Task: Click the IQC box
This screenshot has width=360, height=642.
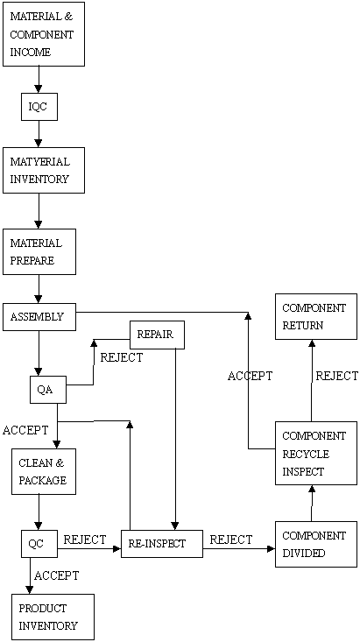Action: (x=39, y=107)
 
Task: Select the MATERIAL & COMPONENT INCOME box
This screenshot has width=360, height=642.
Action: (x=44, y=34)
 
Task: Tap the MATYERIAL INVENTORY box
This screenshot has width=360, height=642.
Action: (x=44, y=170)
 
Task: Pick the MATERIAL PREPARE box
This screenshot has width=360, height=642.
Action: (x=39, y=251)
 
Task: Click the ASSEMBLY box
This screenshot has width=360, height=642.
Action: (x=39, y=317)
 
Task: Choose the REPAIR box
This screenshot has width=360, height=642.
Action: (x=158, y=335)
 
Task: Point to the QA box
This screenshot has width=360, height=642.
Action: (x=48, y=390)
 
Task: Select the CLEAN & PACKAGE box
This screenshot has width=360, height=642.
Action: (x=44, y=472)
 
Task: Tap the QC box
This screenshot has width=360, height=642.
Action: (x=39, y=544)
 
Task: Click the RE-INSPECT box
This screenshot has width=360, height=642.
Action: (x=162, y=544)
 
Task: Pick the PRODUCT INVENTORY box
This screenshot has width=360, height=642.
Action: (x=53, y=617)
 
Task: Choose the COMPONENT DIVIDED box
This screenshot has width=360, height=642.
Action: (x=316, y=544)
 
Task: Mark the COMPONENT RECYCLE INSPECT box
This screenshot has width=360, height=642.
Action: (x=316, y=453)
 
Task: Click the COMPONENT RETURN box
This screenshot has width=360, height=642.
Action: (x=316, y=316)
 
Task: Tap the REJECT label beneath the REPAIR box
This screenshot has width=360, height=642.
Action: (x=122, y=357)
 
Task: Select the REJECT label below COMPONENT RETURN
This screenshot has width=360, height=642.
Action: (x=336, y=376)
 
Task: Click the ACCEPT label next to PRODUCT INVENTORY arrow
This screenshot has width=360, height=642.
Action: (x=57, y=575)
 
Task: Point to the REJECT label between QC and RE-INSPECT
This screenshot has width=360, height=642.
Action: (x=85, y=540)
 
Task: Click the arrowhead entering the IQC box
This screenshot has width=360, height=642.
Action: (x=39, y=88)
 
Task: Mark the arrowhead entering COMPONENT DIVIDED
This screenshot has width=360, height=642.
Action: (x=272, y=548)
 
